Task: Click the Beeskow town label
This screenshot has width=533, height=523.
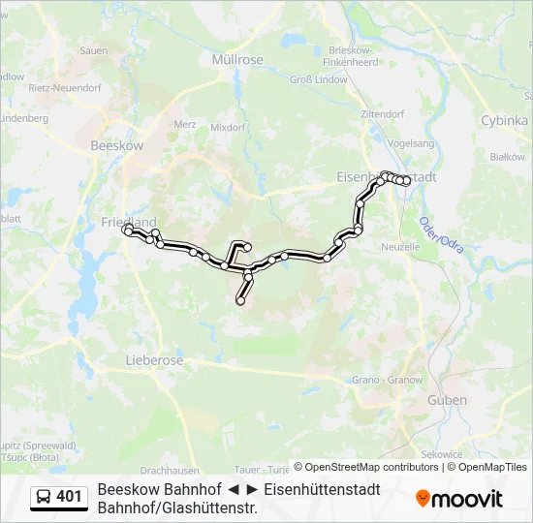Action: [116, 144]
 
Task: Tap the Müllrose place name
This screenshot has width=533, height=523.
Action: [237, 59]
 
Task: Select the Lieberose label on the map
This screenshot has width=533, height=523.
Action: [154, 360]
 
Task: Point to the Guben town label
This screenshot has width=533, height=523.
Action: [447, 400]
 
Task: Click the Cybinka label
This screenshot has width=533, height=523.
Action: [504, 121]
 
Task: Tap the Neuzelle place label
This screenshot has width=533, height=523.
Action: [400, 247]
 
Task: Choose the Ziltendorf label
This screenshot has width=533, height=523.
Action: [382, 114]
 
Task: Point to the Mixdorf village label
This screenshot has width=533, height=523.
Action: [228, 127]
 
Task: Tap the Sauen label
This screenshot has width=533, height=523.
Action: [93, 50]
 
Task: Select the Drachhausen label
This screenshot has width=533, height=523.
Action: [170, 444]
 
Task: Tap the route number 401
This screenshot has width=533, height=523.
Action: [69, 497]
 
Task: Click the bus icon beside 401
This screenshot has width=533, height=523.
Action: [45, 497]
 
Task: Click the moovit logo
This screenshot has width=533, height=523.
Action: [459, 498]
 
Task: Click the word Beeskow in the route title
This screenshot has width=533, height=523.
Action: [127, 489]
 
